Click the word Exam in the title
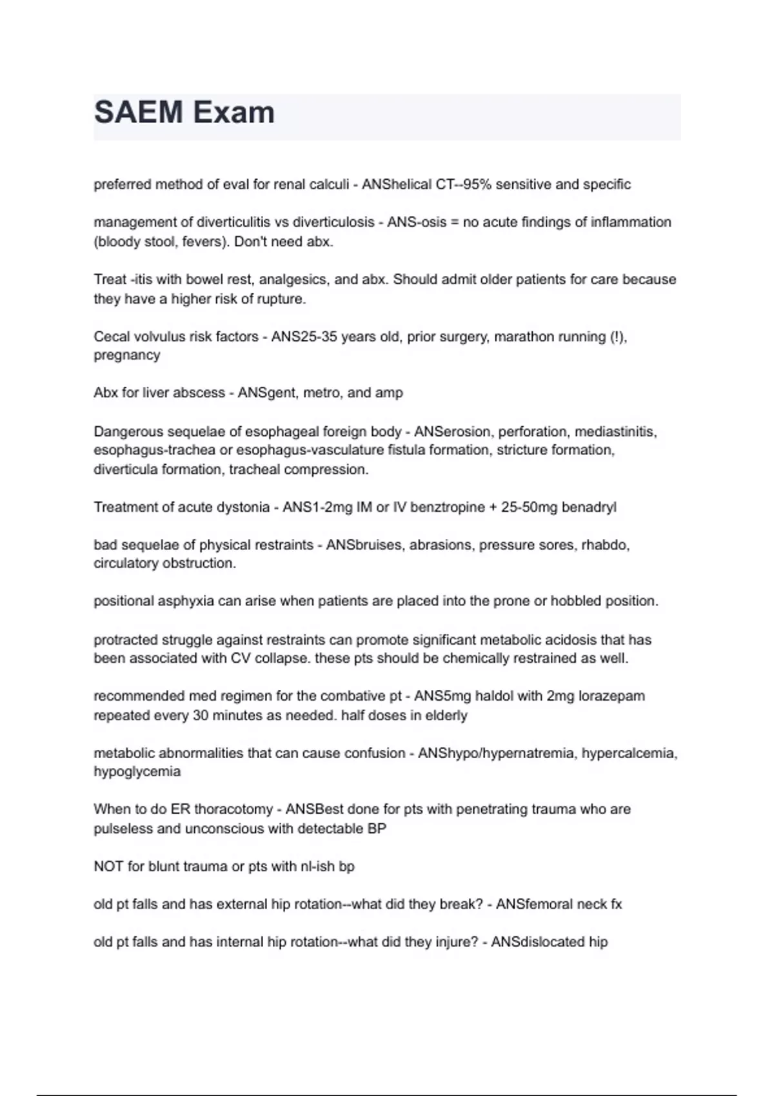234,113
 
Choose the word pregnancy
126,356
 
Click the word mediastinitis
615,431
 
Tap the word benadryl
589,507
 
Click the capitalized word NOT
108,866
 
